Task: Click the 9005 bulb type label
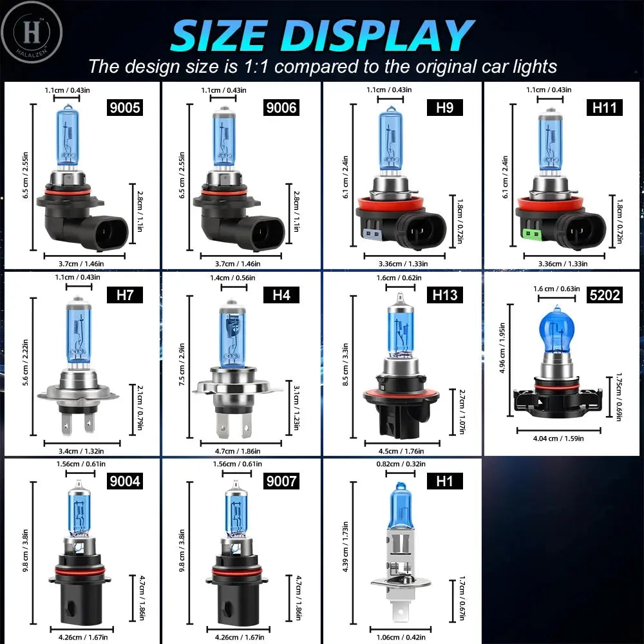(x=124, y=107)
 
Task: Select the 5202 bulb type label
(x=604, y=295)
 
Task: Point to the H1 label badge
(x=445, y=480)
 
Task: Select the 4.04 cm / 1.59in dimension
(x=558, y=439)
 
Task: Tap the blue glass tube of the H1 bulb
(x=401, y=509)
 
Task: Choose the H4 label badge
(x=282, y=295)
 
